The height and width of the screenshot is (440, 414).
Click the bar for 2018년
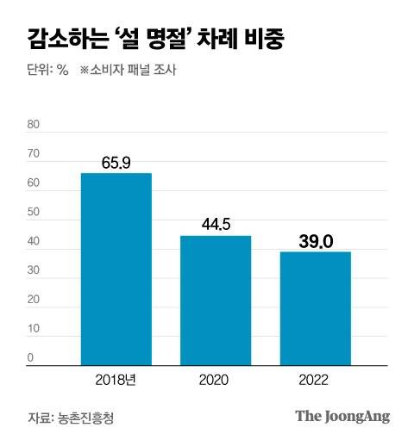tap(116, 269)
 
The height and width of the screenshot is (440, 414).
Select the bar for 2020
tap(216, 300)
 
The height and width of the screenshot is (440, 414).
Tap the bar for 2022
tap(315, 307)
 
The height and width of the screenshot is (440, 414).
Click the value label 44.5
tap(216, 225)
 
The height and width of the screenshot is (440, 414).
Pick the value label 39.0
tap(315, 242)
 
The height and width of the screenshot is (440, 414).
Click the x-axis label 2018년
tap(116, 378)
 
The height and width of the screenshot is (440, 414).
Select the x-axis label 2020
tap(216, 378)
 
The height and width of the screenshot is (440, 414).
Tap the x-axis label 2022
tap(315, 378)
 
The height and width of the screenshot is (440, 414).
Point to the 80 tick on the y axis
tap(34, 124)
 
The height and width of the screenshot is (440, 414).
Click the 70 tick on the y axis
tap(34, 154)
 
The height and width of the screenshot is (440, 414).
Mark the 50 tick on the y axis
tap(34, 213)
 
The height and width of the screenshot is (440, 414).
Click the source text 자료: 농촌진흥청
tap(71, 418)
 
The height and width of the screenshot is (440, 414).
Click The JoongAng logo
tap(342, 417)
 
